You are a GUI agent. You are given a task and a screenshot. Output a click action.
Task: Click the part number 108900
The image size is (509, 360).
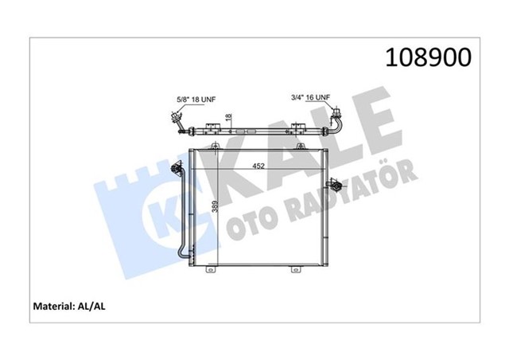coord(429,57)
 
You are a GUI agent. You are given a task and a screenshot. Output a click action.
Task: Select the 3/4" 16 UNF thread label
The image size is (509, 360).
coord(309,98)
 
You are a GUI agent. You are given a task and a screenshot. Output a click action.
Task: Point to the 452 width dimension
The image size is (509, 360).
coord(259,166)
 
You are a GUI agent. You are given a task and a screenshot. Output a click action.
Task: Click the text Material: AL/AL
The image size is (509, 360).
coord(73,305)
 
